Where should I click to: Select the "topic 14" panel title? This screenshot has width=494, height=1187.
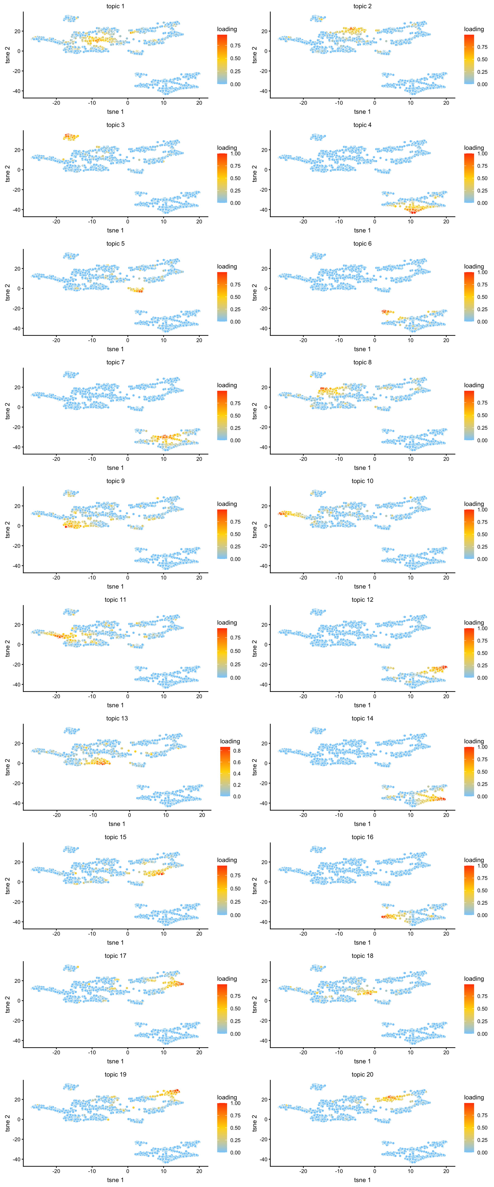coord(362,718)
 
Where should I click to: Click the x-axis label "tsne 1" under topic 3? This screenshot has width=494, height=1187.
coord(115,230)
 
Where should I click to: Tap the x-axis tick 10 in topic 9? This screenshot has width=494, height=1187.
coord(163,577)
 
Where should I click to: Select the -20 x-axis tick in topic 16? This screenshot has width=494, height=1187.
coord(303,934)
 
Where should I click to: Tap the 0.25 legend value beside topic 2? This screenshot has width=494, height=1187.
coord(482,72)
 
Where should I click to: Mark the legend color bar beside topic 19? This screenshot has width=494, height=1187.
coord(222,1128)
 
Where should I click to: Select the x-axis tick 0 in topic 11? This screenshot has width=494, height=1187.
coord(128,696)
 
